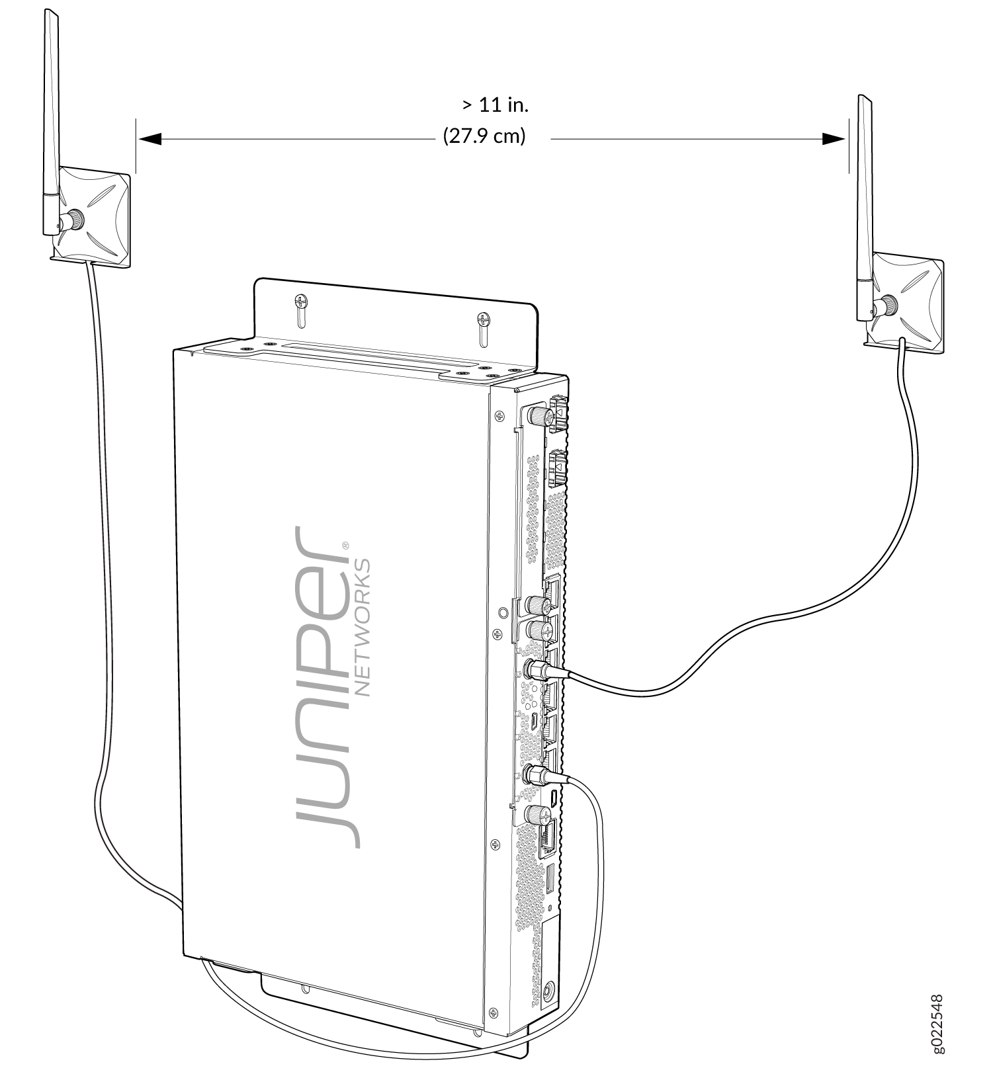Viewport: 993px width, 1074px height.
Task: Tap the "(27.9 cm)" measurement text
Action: [x=484, y=137]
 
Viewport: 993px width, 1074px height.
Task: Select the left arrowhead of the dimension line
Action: [x=151, y=139]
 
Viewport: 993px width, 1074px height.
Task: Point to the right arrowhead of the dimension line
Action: [x=833, y=139]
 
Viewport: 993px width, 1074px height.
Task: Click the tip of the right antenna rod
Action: [x=862, y=98]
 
